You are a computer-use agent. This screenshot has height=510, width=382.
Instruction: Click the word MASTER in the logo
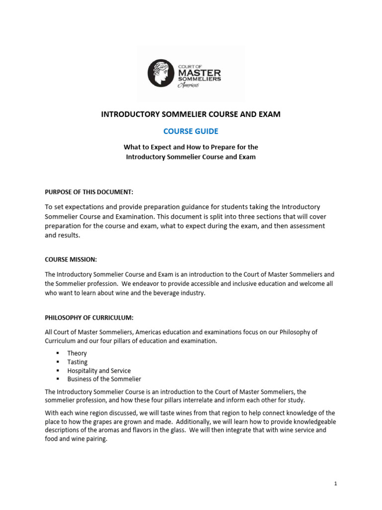pyautogui.click(x=199, y=72)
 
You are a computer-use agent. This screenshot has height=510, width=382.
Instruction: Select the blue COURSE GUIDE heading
pyautogui.click(x=191, y=131)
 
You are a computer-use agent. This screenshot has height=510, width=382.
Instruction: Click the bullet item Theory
pyautogui.click(x=77, y=353)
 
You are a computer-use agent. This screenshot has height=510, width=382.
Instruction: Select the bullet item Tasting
pyautogui.click(x=78, y=362)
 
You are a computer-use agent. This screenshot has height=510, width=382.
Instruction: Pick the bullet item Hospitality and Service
pyautogui.click(x=99, y=371)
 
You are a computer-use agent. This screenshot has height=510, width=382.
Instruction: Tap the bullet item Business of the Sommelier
pyautogui.click(x=104, y=379)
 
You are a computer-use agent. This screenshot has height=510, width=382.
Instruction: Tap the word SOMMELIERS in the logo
pyautogui.click(x=199, y=79)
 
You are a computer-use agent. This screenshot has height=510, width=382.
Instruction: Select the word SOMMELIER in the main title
pyautogui.click(x=189, y=114)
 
